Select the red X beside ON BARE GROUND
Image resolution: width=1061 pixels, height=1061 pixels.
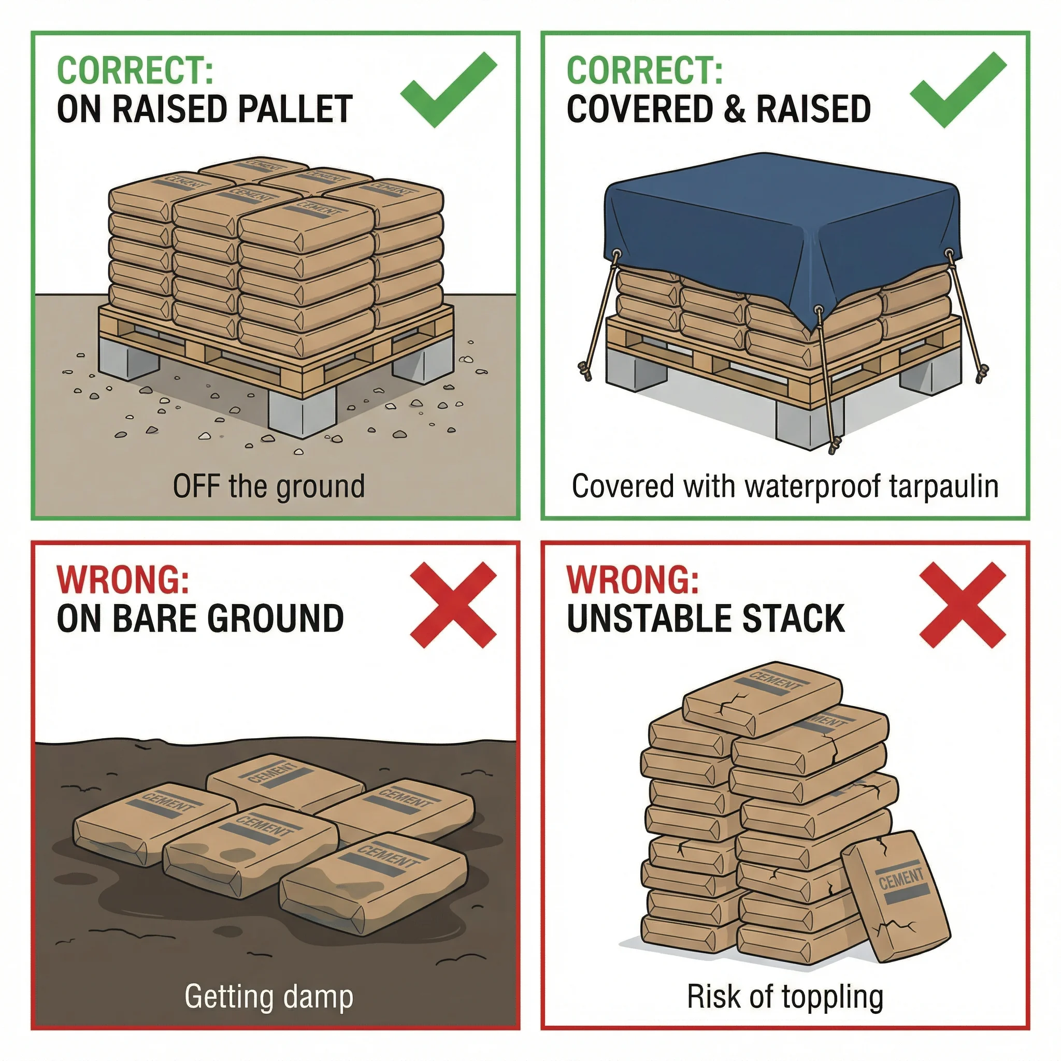[453, 605]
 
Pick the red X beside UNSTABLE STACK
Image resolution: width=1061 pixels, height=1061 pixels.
[962, 605]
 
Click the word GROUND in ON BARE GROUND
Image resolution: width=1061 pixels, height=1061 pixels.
[276, 619]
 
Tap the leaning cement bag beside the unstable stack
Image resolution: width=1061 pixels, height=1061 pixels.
[895, 895]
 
